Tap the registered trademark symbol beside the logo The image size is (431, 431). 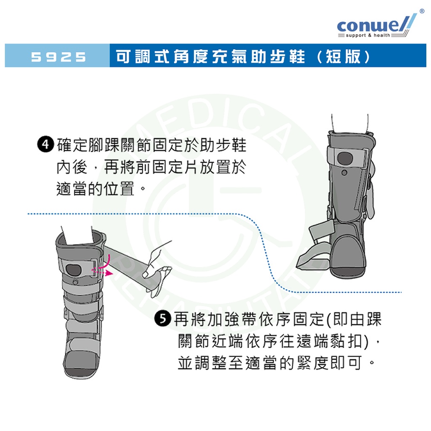pos(422,11)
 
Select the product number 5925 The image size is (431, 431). pos(58,57)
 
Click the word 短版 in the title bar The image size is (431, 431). pos(343,57)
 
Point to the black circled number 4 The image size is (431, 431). pos(45,144)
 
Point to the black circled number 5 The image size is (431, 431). pos(163,319)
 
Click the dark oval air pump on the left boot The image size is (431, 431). pos(74,270)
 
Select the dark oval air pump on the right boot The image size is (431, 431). pos(345,158)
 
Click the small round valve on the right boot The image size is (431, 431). pos(344,173)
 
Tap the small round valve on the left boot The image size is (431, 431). pos(76,282)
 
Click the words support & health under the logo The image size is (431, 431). pos(368,35)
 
